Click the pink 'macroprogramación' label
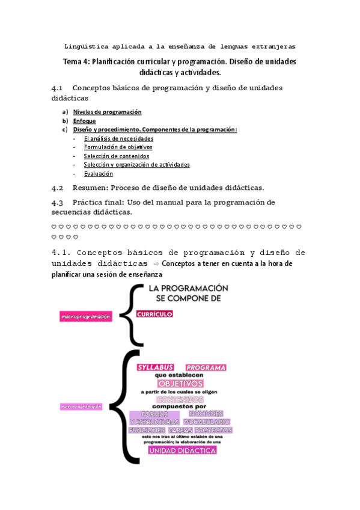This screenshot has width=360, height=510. tap(85, 316)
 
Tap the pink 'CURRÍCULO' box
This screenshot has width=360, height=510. tap(154, 314)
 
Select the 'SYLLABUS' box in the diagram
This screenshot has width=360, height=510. tap(155, 367)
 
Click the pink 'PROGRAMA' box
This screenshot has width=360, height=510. tap(206, 367)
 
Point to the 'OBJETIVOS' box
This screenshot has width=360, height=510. tap(180, 383)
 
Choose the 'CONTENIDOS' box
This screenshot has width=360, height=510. tap(180, 399)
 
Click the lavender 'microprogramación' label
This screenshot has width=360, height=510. tap(81, 407)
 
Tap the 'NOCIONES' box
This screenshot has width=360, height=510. tap(206, 414)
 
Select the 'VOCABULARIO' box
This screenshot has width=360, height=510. tap(207, 422)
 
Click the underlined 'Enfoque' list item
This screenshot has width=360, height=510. tap(84, 121)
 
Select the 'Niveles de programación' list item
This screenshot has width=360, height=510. tap(107, 112)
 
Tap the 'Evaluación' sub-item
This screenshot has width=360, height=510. tap(98, 174)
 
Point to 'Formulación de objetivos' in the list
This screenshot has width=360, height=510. tap(118, 147)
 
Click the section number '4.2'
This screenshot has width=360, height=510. tap(58, 188)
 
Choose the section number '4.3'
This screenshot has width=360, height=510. tap(58, 202)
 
